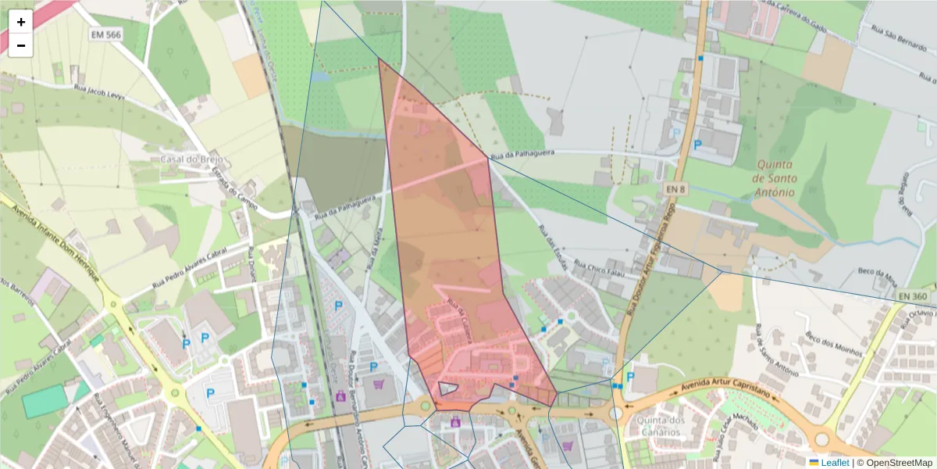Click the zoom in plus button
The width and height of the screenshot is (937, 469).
tap(21, 22)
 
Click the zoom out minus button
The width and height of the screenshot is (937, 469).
tap(21, 45)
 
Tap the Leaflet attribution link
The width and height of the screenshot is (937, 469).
tap(835, 463)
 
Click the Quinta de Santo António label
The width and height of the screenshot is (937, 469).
tap(774, 178)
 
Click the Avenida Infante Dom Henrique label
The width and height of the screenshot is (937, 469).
tap(53, 242)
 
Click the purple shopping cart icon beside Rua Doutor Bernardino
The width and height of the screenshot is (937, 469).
tap(379, 385)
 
